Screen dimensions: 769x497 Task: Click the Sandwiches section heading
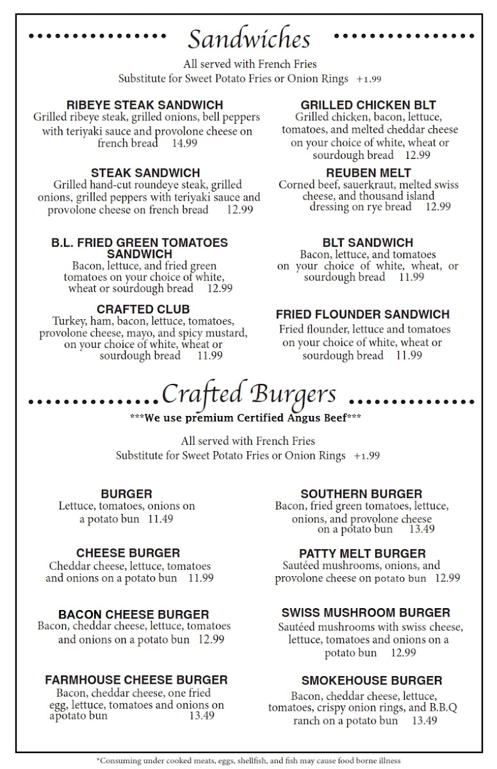(248, 39)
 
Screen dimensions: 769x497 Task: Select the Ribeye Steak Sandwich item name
(145, 104)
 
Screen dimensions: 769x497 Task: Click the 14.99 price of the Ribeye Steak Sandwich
(184, 143)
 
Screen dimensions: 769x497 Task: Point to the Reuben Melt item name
(368, 173)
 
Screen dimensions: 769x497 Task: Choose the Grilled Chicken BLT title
(368, 105)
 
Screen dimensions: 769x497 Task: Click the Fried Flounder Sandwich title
(363, 315)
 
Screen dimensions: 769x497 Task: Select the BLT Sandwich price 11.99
(411, 277)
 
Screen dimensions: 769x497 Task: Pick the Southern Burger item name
(361, 494)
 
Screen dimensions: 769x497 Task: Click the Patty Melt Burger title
(362, 553)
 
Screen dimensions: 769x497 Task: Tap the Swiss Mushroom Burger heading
(366, 613)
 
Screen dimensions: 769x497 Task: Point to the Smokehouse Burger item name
(371, 681)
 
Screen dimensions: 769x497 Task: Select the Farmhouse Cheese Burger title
(136, 680)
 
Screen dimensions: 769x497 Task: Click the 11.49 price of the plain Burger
(160, 518)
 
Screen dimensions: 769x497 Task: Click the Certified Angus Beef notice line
(247, 418)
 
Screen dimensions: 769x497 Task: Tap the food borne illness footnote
(248, 761)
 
